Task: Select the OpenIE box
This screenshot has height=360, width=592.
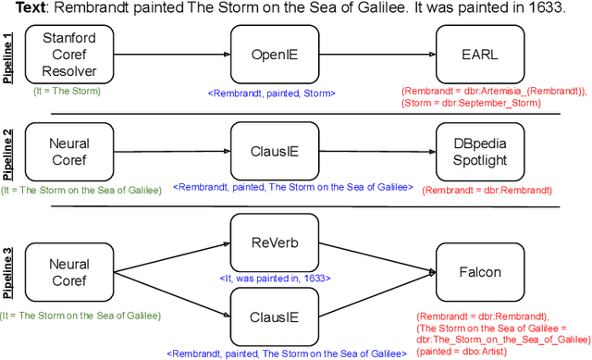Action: (x=266, y=54)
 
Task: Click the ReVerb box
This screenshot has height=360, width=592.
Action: (x=266, y=242)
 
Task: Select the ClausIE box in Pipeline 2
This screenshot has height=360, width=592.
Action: (x=266, y=151)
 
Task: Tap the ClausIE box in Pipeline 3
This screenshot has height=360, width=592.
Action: (x=266, y=317)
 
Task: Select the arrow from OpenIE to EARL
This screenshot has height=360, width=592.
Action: (x=370, y=54)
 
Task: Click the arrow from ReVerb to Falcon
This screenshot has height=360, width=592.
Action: (x=370, y=258)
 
